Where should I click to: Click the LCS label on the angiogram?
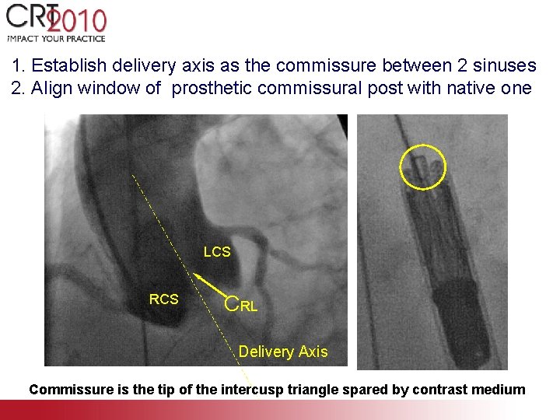[217, 252]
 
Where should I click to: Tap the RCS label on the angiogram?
[163, 299]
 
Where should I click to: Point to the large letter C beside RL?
[232, 303]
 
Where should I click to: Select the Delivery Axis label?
[283, 352]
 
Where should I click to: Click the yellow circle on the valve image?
[422, 167]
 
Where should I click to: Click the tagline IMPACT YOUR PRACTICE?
[56, 38]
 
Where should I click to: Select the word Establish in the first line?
[65, 66]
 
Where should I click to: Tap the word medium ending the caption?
[502, 390]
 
